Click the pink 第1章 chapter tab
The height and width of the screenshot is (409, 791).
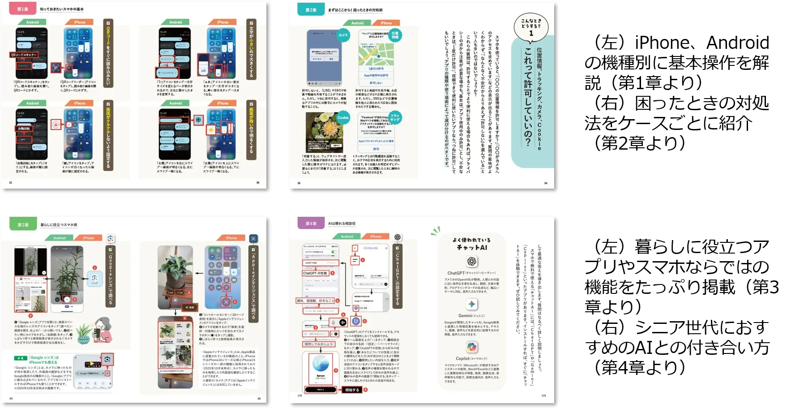[x=22, y=9]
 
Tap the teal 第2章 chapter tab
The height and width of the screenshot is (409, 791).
[x=311, y=10]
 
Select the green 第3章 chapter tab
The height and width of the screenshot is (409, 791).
[x=23, y=224]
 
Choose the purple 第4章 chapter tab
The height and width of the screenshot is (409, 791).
[x=311, y=223]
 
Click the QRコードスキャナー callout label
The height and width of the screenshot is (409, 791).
[x=24, y=55]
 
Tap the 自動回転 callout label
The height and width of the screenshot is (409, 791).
[x=24, y=129]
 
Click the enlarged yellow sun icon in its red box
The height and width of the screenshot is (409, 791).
[x=210, y=130]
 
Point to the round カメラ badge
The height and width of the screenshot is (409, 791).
[x=343, y=35]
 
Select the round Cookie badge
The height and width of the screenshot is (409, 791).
[x=343, y=118]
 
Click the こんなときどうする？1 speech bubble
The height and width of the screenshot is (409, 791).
[x=531, y=26]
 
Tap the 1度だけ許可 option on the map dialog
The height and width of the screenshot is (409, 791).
[x=376, y=69]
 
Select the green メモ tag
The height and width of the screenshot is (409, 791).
[x=21, y=358]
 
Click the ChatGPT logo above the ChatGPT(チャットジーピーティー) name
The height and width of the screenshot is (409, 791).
[x=471, y=261]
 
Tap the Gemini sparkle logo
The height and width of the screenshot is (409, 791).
[x=471, y=304]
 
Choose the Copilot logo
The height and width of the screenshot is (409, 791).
[x=471, y=347]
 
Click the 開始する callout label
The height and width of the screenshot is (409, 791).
[x=352, y=390]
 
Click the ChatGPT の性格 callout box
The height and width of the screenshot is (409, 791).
[x=316, y=273]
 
